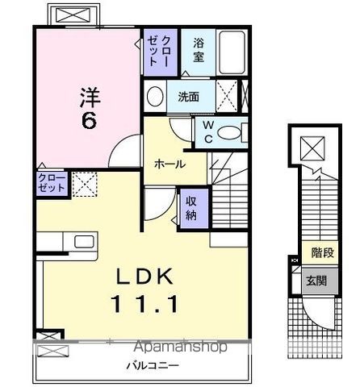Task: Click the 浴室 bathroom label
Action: pos(199,50)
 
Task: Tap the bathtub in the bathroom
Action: pos(232,53)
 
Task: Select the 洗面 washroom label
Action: pos(189,97)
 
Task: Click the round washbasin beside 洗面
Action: pos(155,96)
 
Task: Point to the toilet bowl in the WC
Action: pos(228,132)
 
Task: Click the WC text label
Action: pos(208,132)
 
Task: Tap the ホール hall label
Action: pos(170,164)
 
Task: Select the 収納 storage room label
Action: pos(191,208)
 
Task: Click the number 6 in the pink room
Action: pos(89,120)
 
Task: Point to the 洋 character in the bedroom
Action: pos(90,97)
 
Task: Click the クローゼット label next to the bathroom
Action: pos(159,51)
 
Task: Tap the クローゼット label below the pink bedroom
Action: pos(52,183)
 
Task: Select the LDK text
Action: pos(144,277)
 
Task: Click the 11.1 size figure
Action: pos(144,304)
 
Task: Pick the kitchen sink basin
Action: pos(84,241)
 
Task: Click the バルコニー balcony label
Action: pos(153,365)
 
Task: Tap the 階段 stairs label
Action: pos(322,252)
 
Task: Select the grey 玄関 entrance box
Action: pos(320,281)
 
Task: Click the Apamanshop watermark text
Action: pos(181,347)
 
